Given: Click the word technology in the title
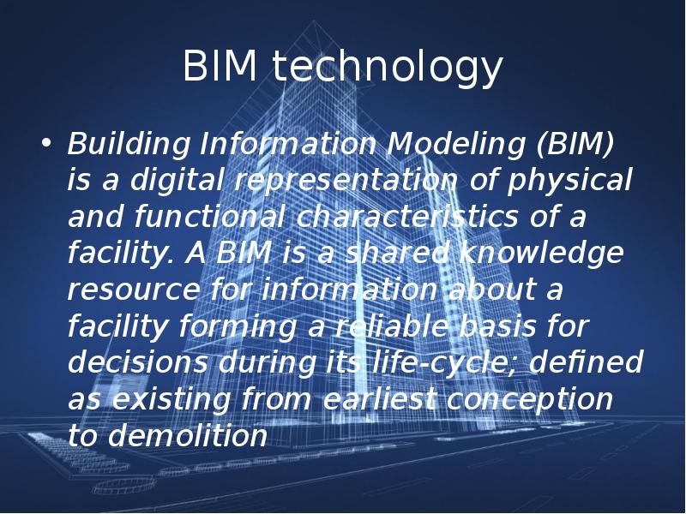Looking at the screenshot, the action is click(x=388, y=67).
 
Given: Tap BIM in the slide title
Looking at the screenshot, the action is click(x=220, y=65).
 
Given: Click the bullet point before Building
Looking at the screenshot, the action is click(x=46, y=143).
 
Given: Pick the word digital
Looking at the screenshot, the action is click(x=178, y=182).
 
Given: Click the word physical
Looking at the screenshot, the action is click(x=570, y=182).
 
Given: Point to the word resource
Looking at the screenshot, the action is click(x=134, y=290).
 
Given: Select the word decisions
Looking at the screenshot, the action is click(x=138, y=362).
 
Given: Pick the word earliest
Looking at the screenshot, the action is click(x=380, y=399).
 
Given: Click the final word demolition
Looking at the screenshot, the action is click(x=187, y=435).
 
